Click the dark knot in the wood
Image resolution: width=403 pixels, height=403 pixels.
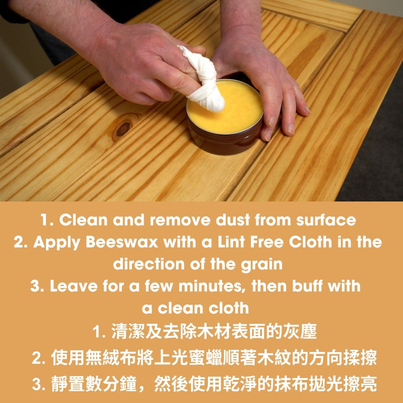tap(123, 129)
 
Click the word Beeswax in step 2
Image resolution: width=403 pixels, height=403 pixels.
tap(122, 242)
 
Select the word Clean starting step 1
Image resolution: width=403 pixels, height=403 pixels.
tap(83, 220)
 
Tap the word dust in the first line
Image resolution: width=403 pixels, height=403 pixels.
tap(233, 220)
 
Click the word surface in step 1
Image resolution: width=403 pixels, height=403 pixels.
tap(326, 220)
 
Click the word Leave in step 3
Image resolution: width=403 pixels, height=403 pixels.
tap(73, 286)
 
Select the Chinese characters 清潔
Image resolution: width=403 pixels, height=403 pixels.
tap(128, 332)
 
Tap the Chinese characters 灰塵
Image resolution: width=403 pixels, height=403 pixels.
tap(300, 332)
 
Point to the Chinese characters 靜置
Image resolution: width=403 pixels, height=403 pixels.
tap(68, 384)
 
